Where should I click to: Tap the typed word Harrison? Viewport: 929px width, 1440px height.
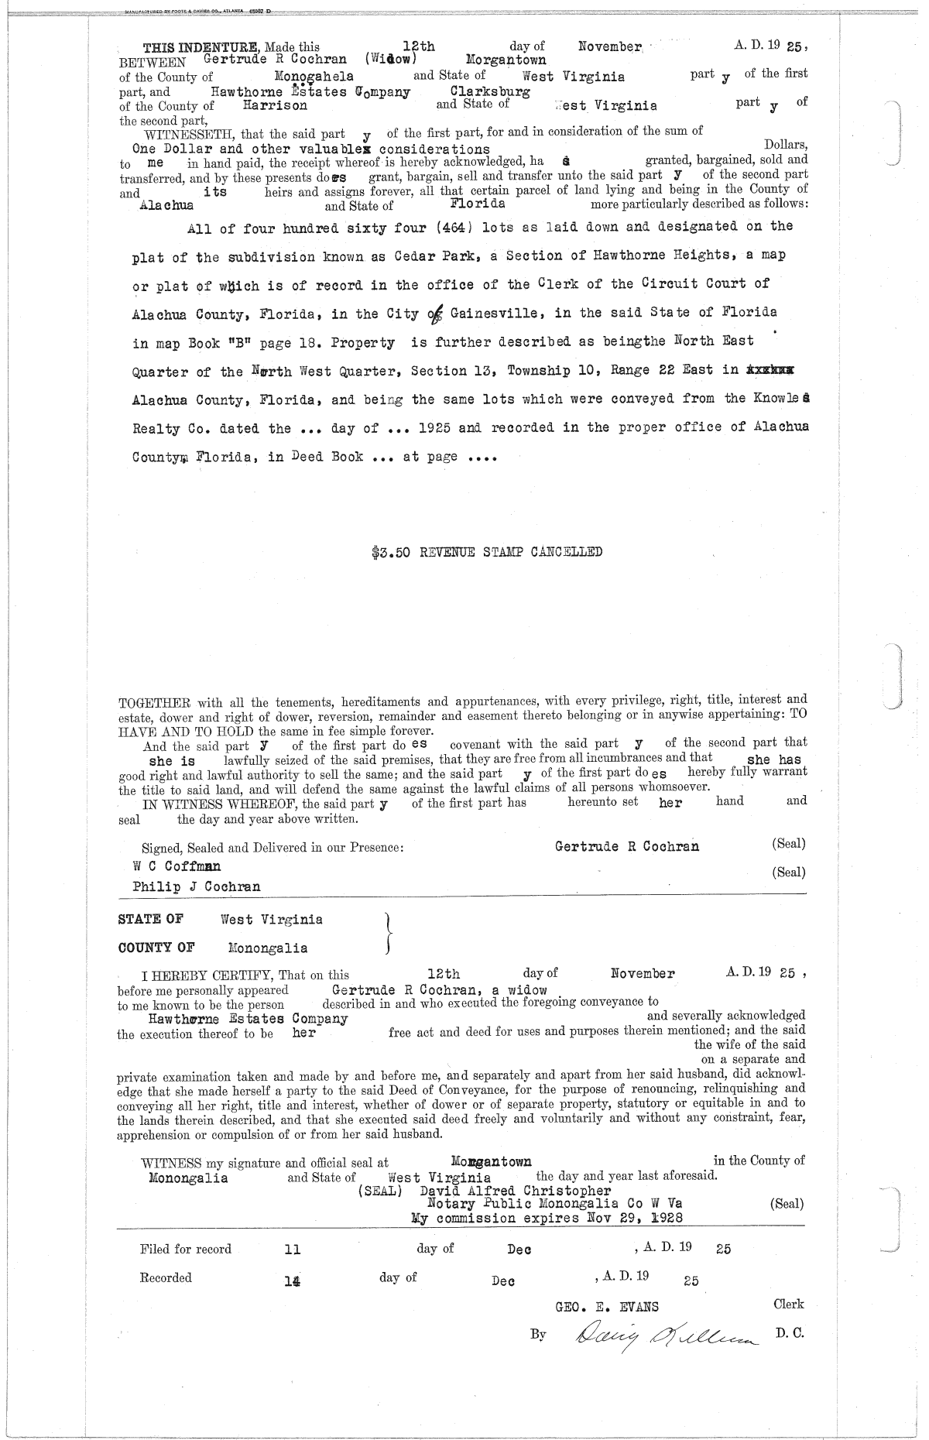[275, 105]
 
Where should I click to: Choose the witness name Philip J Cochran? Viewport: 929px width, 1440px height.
[197, 887]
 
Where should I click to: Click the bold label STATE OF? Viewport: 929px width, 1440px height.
[150, 920]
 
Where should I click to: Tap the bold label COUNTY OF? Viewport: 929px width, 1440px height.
[156, 948]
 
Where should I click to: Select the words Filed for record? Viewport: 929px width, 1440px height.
[186, 1249]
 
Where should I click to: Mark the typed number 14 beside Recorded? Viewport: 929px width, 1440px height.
[292, 1281]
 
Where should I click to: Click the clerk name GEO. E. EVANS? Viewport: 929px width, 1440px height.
[607, 1308]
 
